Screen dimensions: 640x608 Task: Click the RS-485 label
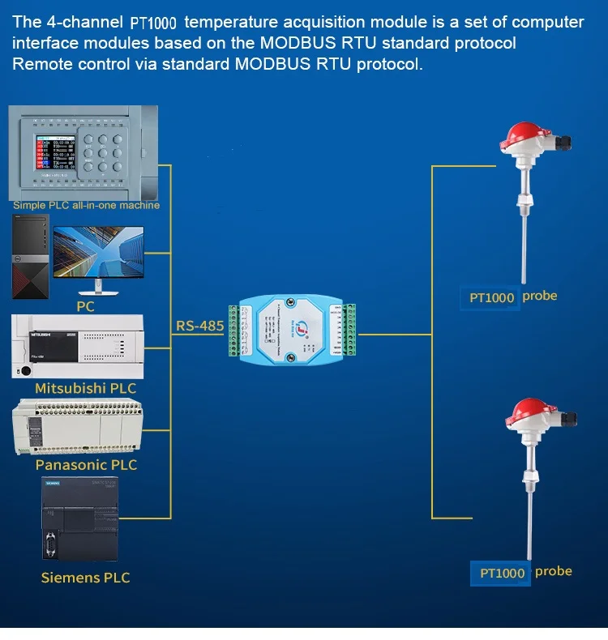pos(200,326)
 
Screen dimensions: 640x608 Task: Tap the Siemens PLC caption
pos(85,578)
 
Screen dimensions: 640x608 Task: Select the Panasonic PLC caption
pos(86,465)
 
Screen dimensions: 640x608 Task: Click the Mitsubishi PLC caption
pos(85,388)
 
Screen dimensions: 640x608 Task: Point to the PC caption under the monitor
pos(86,306)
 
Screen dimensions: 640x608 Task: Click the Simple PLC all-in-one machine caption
pos(86,205)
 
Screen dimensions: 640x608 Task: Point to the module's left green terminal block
pos(236,330)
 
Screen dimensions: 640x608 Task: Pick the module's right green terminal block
pos(349,329)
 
